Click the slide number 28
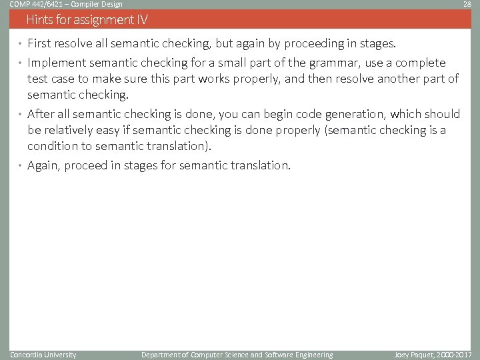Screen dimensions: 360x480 [467, 4]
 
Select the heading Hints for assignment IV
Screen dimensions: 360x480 [87, 20]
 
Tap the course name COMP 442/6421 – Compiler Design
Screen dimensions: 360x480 [66, 4]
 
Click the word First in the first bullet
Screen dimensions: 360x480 [39, 44]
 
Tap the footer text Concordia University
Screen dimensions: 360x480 [43, 355]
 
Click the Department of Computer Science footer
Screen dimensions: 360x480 [237, 355]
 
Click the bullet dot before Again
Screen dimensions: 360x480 [21, 166]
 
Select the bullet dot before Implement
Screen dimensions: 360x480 [21, 63]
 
